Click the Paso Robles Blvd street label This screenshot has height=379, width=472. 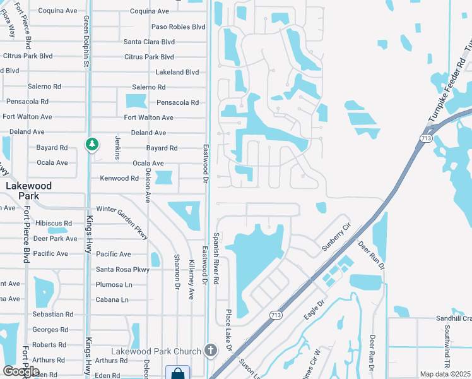(179, 27)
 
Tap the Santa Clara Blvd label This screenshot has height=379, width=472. (149, 42)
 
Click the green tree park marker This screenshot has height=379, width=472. (92, 145)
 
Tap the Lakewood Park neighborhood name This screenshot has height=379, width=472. (28, 191)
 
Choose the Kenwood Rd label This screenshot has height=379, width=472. (119, 179)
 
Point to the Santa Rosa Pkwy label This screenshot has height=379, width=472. (122, 270)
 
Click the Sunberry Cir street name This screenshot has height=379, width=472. (336, 237)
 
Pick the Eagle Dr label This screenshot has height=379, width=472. (313, 311)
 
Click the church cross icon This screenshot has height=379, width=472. (210, 350)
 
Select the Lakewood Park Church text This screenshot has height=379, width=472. (156, 351)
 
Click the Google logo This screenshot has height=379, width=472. (21, 371)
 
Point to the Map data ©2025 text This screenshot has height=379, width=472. (445, 374)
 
